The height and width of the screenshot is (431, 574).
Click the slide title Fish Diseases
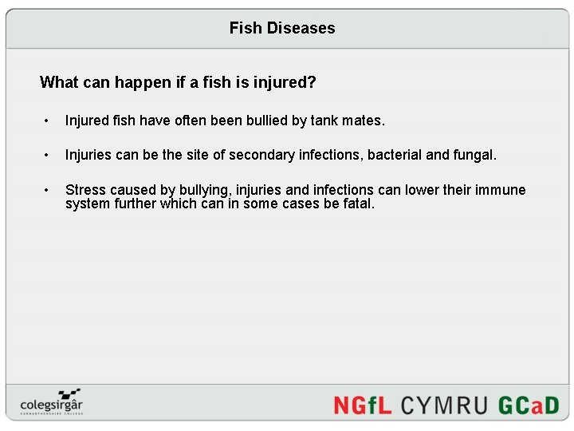pyautogui.click(x=282, y=28)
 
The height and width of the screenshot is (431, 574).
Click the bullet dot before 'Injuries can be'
pyautogui.click(x=48, y=156)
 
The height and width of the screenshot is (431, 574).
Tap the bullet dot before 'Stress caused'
pyautogui.click(x=48, y=191)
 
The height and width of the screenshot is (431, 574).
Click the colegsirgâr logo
pyautogui.click(x=51, y=401)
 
